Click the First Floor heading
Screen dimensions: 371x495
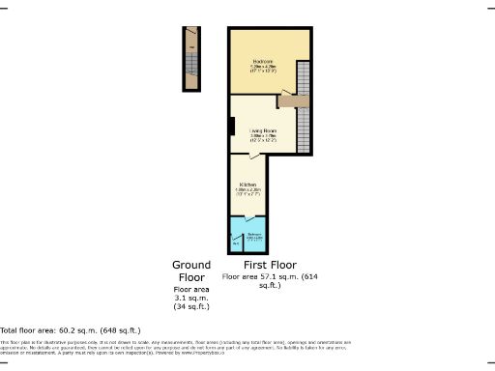(x=271, y=264)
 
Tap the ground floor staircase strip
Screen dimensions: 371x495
(x=192, y=57)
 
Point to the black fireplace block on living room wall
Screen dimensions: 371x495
(x=232, y=127)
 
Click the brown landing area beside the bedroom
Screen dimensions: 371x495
(x=292, y=98)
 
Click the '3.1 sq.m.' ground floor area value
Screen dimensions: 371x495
(x=190, y=298)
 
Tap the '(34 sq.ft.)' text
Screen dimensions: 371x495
(x=190, y=307)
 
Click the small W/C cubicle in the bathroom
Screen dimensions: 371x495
(x=236, y=241)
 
